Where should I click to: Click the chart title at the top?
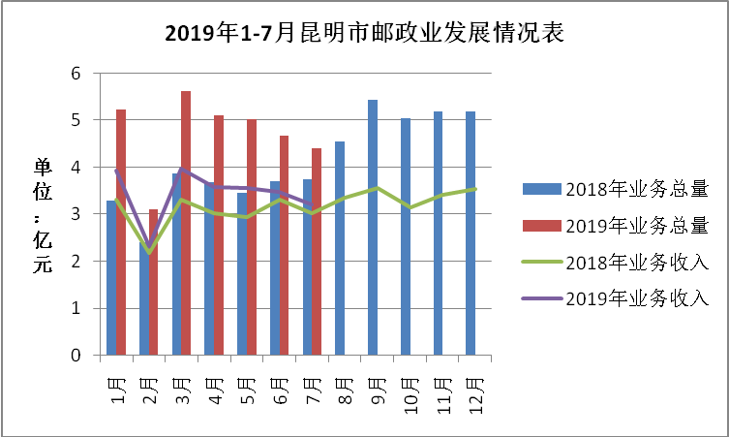point(364,34)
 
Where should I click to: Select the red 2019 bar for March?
point(185,223)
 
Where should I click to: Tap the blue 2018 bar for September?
point(373,228)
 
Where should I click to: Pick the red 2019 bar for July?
point(317,252)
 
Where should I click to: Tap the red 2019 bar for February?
point(153,282)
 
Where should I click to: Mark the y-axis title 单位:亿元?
point(43,216)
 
